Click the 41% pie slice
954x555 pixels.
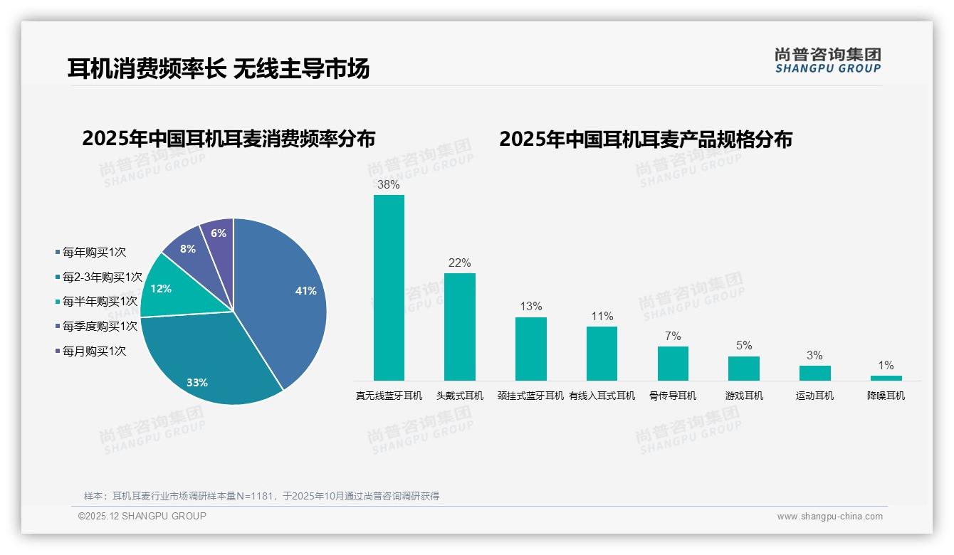tap(285, 299)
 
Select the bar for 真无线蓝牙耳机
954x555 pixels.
tap(389, 287)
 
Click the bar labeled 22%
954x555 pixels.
tap(459, 327)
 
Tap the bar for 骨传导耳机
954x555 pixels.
tap(673, 363)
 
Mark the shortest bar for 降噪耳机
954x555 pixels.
tap(886, 378)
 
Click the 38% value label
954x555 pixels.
tap(388, 185)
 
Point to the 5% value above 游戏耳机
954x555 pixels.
tap(744, 346)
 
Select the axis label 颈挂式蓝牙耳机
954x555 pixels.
tap(530, 396)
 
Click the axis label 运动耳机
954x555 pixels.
tap(814, 396)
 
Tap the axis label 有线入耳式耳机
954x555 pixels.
tap(602, 396)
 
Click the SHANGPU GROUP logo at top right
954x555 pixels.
tap(827, 60)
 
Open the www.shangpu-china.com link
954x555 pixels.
tap(829, 517)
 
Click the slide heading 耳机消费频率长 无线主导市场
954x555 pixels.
tap(219, 69)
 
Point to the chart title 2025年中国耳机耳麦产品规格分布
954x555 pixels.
tap(645, 139)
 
